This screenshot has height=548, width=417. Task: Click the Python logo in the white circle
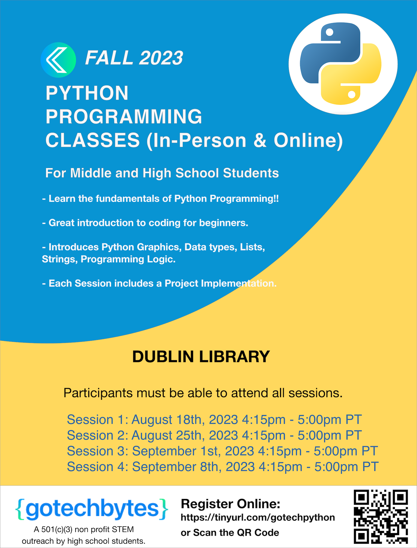(340, 64)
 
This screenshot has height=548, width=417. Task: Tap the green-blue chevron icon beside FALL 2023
(58, 60)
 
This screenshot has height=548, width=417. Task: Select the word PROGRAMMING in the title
(124, 117)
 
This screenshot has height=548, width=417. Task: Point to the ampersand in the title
(260, 140)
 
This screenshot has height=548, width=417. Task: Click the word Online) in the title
(308, 141)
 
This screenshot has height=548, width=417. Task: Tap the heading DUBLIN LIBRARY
(201, 357)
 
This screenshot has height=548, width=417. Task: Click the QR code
(381, 516)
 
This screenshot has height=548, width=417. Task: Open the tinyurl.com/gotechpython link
(258, 517)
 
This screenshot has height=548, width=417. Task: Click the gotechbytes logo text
(92, 509)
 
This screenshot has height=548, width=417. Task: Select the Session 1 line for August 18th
(214, 420)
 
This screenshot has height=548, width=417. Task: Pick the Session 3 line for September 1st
(222, 451)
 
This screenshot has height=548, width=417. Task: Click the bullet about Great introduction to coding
(145, 223)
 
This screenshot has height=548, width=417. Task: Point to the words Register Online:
(230, 504)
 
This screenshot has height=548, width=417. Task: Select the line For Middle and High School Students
(162, 173)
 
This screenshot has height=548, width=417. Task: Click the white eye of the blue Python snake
(329, 32)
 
